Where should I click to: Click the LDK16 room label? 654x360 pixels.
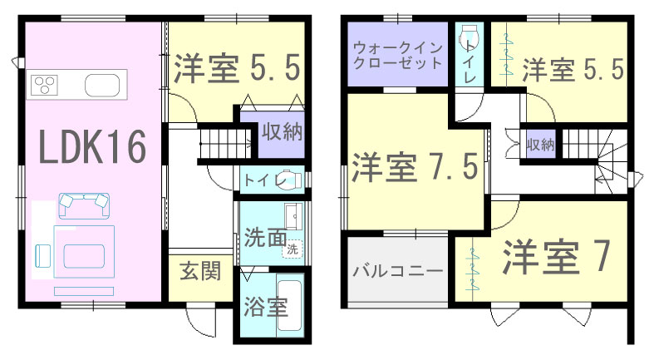click(92, 146)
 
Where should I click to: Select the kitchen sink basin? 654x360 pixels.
click(102, 85)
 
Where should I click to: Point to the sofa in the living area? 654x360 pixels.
click(84, 205)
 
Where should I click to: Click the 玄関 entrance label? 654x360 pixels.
click(200, 272)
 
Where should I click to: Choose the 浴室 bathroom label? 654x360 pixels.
click(266, 307)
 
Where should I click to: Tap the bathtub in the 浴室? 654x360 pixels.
click(289, 305)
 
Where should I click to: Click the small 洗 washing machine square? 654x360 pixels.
click(293, 249)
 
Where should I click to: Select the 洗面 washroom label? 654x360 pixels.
click(265, 237)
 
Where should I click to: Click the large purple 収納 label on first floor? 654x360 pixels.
click(282, 132)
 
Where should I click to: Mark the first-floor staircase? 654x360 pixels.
click(225, 143)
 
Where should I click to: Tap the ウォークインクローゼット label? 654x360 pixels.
click(397, 56)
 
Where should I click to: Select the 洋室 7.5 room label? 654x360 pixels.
click(415, 167)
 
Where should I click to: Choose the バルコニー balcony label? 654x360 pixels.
click(397, 271)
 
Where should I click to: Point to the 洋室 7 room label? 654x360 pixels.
click(557, 257)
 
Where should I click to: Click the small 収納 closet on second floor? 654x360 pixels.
click(540, 145)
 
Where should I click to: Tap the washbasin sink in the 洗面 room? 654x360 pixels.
click(294, 216)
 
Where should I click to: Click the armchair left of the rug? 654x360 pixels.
click(43, 255)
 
